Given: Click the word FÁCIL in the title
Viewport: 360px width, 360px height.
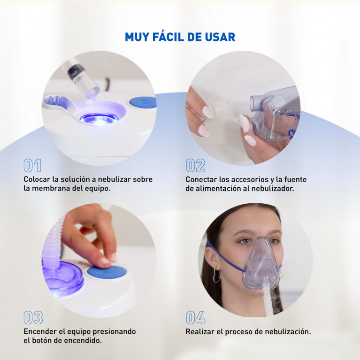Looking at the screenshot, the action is pos(168,37).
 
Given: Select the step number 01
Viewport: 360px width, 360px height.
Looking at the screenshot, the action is pos(32,165).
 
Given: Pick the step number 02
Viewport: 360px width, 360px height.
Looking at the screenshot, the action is pos(195,165).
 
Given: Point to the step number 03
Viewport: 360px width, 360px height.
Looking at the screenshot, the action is pos(33,318).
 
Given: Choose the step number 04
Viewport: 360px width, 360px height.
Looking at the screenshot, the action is pos(196,318).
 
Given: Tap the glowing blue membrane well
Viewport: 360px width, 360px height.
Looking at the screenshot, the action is pos(99,118).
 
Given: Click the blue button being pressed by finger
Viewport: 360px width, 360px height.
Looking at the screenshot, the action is pos(107,272).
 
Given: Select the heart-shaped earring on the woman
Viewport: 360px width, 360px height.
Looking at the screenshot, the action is pos(216,276).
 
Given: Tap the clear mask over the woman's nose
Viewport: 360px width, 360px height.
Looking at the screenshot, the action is pos(261,263).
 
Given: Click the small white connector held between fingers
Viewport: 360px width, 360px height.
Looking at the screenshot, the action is pos(219,107).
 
